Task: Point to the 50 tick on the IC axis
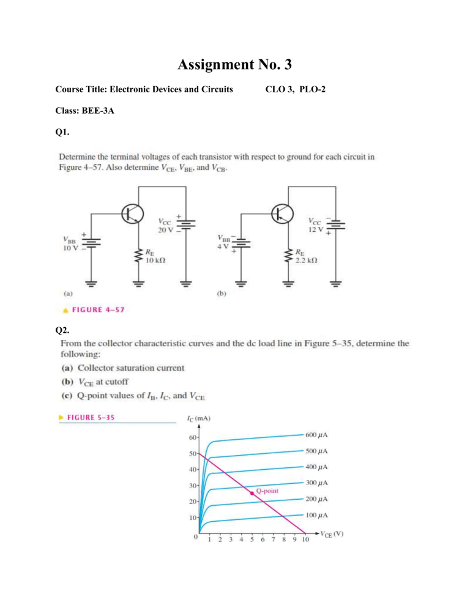point(193,453)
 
